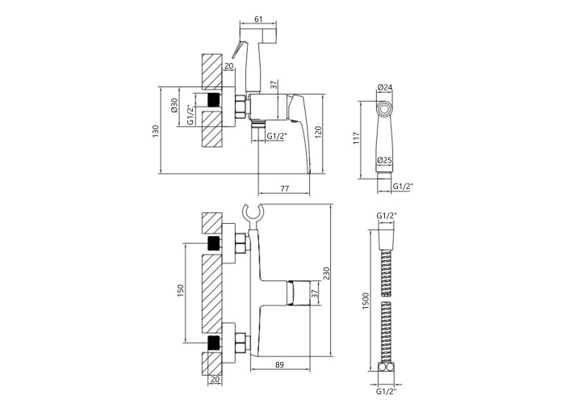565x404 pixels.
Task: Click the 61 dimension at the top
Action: coord(258,19)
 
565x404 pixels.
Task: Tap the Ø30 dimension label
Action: coord(174,105)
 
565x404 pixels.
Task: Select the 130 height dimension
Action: coord(155,131)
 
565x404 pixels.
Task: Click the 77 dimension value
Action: coord(284,188)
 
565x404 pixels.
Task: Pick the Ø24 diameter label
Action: coord(385,87)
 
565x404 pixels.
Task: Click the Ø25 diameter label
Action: coord(385,160)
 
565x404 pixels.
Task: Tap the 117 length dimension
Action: coord(357,138)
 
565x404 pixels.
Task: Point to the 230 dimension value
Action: coord(326,274)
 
